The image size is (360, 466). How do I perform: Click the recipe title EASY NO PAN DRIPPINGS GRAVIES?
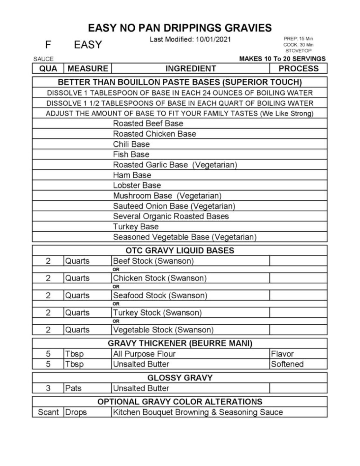click(x=180, y=28)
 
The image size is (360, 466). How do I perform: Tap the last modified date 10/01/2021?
click(x=213, y=40)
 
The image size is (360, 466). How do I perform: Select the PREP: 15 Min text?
click(x=298, y=39)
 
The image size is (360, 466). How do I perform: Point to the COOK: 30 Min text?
click(x=298, y=45)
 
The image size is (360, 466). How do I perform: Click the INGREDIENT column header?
click(x=191, y=68)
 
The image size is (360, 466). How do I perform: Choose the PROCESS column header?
click(x=298, y=68)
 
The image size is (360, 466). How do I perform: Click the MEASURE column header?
click(x=88, y=68)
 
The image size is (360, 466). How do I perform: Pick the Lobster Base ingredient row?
click(x=137, y=185)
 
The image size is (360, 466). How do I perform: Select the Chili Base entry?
click(x=131, y=144)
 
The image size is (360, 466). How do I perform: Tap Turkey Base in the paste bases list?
click(x=136, y=227)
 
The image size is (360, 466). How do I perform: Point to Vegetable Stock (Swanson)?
click(x=163, y=330)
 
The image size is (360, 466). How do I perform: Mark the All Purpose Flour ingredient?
click(x=144, y=354)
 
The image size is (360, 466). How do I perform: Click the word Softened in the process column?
click(x=287, y=364)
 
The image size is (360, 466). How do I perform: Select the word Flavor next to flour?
click(x=282, y=354)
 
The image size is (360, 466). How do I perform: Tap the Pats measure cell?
click(x=73, y=388)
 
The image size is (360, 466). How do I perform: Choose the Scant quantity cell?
click(x=48, y=412)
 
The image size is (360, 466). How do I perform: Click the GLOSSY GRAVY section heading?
click(x=180, y=378)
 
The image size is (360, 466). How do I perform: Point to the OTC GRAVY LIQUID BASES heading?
click(x=180, y=251)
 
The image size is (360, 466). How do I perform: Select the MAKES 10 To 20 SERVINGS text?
click(x=282, y=59)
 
